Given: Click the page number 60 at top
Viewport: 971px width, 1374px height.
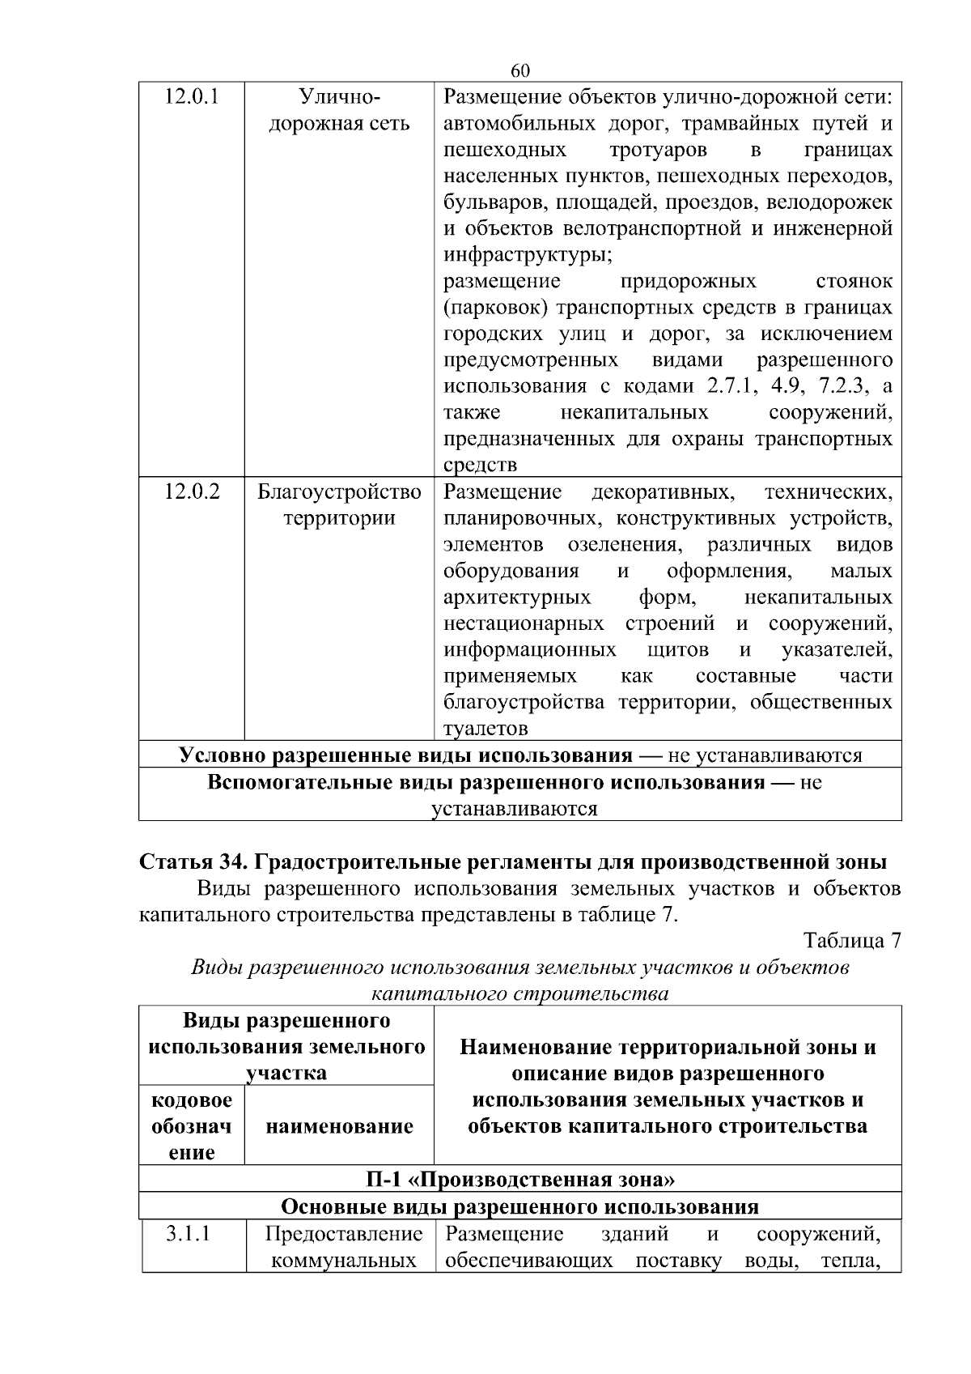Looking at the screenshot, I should (x=521, y=71).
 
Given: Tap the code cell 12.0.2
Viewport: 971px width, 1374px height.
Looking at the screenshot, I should (x=192, y=491).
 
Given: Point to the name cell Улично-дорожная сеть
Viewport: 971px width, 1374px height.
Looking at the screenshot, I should (x=339, y=111).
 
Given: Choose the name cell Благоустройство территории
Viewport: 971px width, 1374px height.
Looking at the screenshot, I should (x=339, y=504).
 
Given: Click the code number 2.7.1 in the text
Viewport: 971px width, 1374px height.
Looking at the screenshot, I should (x=731, y=386).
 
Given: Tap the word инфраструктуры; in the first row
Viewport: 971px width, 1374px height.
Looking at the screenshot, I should (x=528, y=255).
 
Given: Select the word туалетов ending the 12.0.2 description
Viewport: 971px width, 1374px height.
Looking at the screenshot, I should (x=485, y=729).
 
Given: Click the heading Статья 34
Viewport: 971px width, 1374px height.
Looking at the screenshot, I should (x=193, y=861).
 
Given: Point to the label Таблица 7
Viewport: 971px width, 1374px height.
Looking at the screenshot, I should (x=851, y=941).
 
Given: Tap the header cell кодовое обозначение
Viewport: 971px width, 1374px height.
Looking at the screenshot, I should (x=192, y=1126).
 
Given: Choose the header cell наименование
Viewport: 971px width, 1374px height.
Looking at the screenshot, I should (x=339, y=1126).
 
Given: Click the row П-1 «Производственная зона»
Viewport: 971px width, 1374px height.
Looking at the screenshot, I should (x=520, y=1179).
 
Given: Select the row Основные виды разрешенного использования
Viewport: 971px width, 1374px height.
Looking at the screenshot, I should (x=520, y=1206).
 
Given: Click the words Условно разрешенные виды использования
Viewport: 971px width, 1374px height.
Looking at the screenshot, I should (x=405, y=755).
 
